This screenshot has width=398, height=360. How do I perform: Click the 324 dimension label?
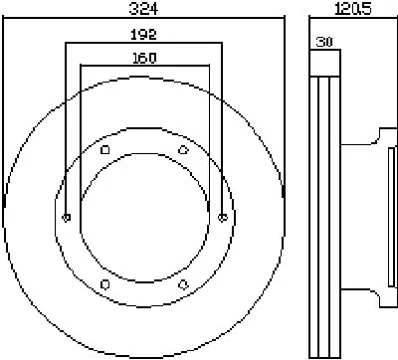coord(143,8)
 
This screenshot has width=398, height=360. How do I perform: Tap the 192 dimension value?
coord(143,34)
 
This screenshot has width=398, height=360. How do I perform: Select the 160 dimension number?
coord(144,58)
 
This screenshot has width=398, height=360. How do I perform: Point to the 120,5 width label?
coord(352,8)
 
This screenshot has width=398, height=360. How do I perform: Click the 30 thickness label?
coord(324,42)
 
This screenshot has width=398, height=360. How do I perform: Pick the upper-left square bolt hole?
coord(105,150)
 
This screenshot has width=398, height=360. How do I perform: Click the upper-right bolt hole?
coord(183,150)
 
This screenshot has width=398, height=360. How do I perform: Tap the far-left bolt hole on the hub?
coord(67,218)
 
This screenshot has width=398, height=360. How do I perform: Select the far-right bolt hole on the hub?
coord(223,218)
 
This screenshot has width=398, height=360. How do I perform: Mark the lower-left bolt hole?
coord(105,284)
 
